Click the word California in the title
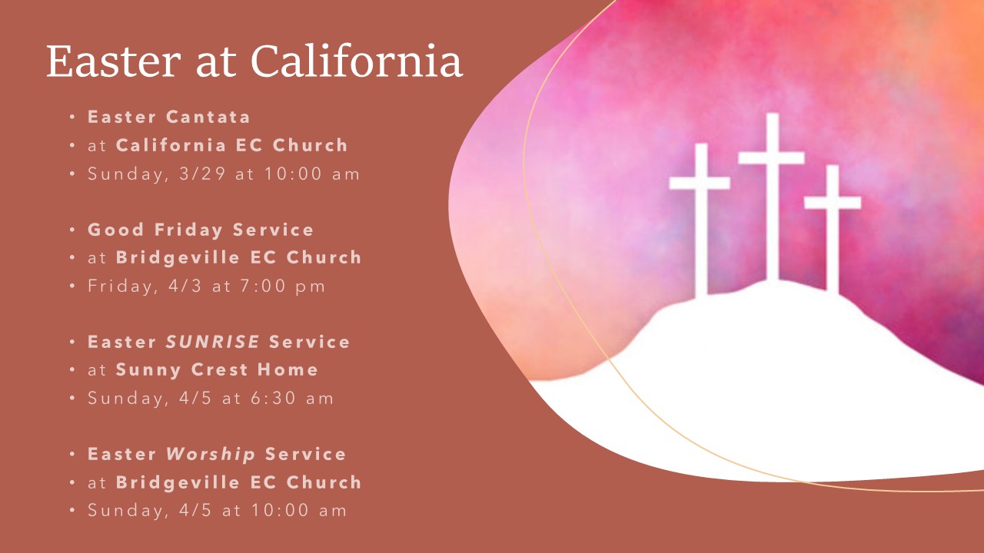[x=357, y=61]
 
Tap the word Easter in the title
[x=114, y=61]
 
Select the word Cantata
[x=208, y=117]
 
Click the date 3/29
[x=202, y=174]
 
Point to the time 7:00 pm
[x=282, y=286]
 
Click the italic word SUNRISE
[x=213, y=342]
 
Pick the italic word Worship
[x=211, y=454]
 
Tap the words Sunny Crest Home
[x=217, y=370]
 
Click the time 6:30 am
[x=292, y=399]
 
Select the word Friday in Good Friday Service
[x=188, y=230]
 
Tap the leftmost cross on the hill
[x=700, y=220]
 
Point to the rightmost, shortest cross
[x=833, y=229]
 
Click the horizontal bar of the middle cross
[x=772, y=158]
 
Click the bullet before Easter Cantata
[x=72, y=118]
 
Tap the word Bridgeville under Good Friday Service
[x=178, y=258]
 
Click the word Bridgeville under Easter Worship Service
[x=178, y=483]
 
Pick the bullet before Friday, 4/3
[x=72, y=286]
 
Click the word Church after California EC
[x=310, y=145]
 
